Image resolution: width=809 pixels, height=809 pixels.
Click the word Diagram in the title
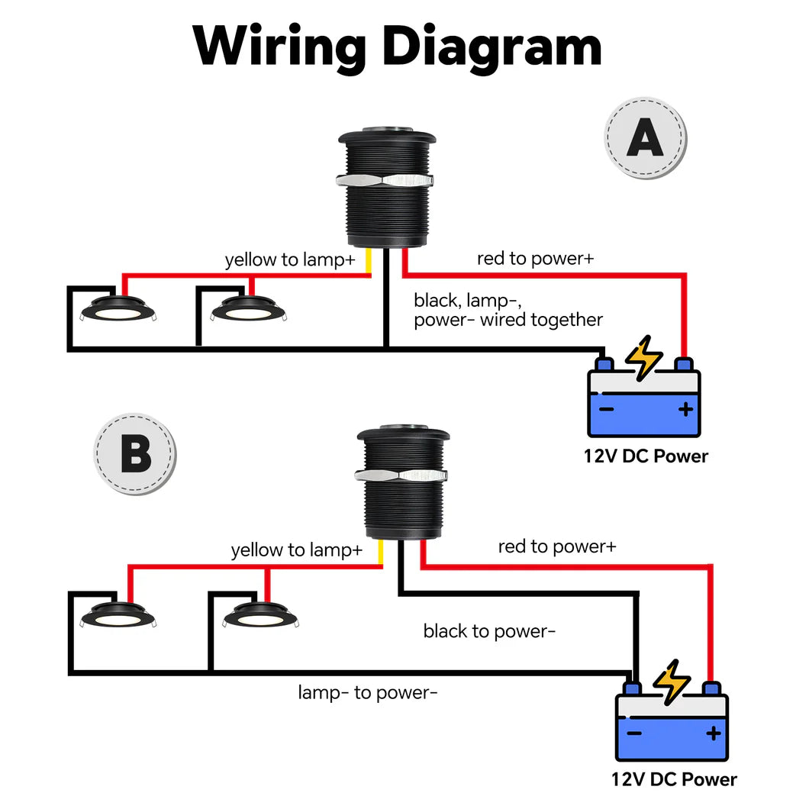pyautogui.click(x=492, y=47)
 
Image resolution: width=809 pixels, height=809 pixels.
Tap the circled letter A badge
pyautogui.click(x=645, y=140)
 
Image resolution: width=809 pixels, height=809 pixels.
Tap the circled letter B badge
pyautogui.click(x=135, y=454)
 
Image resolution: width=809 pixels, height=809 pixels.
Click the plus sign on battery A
pyautogui.click(x=685, y=410)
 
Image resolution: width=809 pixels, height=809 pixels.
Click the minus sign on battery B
pyautogui.click(x=634, y=733)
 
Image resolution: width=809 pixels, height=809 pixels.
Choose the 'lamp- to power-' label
pyautogui.click(x=367, y=692)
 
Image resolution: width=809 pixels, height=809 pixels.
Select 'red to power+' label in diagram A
pyautogui.click(x=535, y=258)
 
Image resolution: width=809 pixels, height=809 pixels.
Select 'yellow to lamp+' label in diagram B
pyautogui.click(x=296, y=550)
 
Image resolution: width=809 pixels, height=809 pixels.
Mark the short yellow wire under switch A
pyautogui.click(x=369, y=261)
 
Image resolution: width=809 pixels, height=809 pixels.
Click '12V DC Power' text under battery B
pyautogui.click(x=673, y=779)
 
